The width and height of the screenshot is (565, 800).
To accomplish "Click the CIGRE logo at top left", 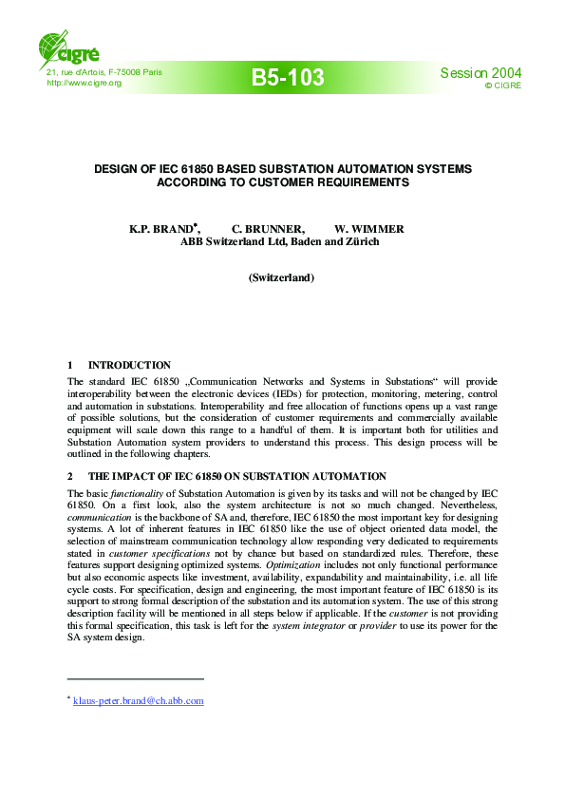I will (x=66, y=46).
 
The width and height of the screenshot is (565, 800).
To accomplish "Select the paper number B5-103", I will (x=288, y=78).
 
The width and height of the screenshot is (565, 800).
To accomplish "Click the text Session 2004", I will (x=480, y=73).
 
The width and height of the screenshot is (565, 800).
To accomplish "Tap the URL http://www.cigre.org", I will (x=85, y=84).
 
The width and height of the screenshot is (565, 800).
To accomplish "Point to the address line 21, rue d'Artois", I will (x=104, y=72).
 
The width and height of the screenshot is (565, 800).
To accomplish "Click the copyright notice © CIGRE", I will (x=502, y=86).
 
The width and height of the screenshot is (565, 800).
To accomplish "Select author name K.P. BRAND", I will (x=162, y=229).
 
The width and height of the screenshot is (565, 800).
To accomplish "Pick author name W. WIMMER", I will (x=369, y=229).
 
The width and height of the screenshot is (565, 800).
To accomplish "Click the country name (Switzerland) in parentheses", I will (x=281, y=277).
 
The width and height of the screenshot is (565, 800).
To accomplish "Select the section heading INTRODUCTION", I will (x=129, y=365).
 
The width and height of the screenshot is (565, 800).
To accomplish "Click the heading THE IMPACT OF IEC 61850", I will (x=236, y=476).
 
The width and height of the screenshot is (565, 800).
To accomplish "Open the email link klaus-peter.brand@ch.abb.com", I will (x=139, y=701).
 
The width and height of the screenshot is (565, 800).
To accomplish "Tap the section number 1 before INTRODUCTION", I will (x=70, y=365).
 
